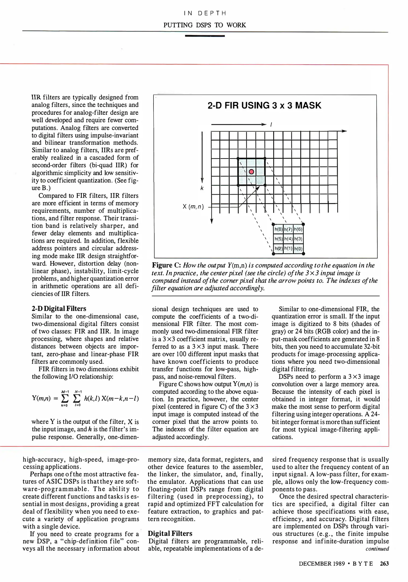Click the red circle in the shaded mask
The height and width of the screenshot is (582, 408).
[251, 172]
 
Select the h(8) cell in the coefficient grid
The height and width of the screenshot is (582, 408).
[278, 230]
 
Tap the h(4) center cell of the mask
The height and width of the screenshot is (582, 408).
[288, 239]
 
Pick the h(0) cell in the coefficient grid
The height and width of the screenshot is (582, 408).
[298, 249]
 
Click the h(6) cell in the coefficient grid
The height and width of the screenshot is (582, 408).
[298, 230]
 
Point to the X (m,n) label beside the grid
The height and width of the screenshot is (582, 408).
[193, 207]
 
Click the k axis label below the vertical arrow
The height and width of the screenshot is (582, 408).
[202, 188]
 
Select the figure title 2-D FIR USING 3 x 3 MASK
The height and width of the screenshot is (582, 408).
[264, 105]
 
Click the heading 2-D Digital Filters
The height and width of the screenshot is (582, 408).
[59, 309]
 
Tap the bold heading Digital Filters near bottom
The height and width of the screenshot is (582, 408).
[170, 533]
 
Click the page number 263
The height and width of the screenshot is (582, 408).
[384, 563]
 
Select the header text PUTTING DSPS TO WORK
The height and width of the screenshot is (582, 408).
[204, 25]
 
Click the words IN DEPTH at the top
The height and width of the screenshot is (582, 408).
[204, 13]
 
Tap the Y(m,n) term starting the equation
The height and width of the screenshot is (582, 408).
[41, 399]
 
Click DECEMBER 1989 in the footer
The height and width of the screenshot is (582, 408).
[322, 563]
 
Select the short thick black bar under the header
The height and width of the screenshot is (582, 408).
[205, 36]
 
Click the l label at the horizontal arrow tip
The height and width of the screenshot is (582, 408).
[271, 125]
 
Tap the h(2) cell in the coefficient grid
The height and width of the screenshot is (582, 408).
[278, 249]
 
